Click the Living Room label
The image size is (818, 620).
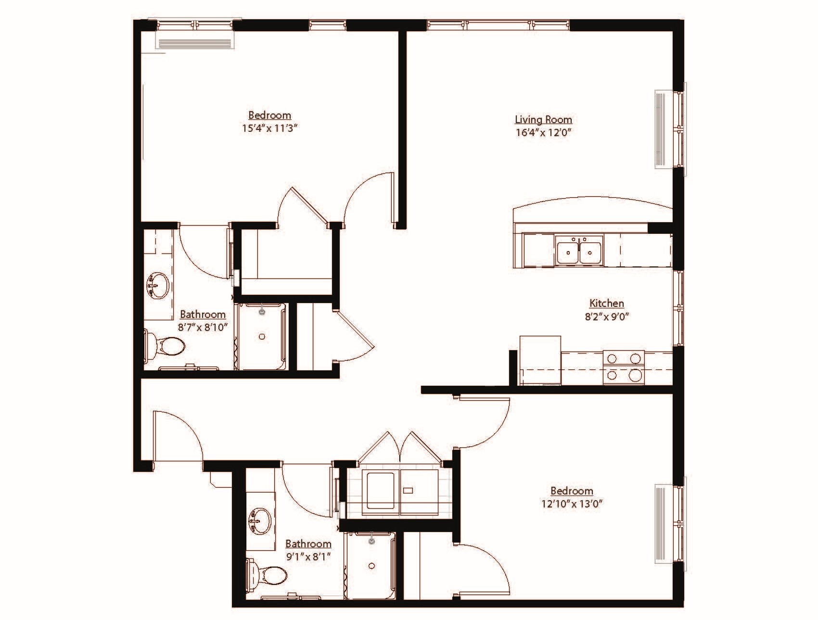pos(543,119)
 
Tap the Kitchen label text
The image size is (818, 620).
pos(607,303)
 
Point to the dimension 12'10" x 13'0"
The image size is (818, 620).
pos(572,504)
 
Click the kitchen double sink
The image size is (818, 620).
pos(579,251)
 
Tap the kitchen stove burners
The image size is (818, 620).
pos(624,367)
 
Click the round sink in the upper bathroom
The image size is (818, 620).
pos(157,285)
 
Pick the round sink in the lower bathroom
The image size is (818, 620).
pos(260,521)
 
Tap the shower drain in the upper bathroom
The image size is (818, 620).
pos(262,337)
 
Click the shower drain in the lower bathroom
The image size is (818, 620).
pos(371,566)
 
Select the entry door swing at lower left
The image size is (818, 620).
pos(178,435)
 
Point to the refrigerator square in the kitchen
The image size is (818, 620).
pos(540,360)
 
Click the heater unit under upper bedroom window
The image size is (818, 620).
pos(195,43)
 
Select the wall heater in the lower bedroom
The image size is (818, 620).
pos(661,524)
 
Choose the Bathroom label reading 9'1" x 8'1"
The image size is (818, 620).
pos(308,544)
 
